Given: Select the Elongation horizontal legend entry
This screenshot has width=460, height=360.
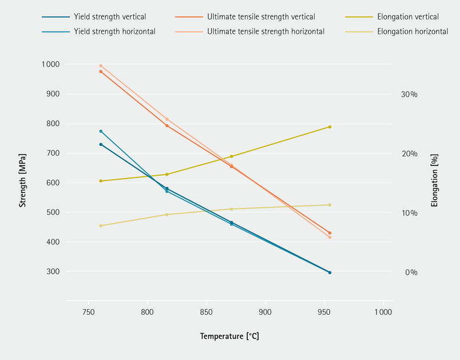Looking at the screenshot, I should pos(413,31).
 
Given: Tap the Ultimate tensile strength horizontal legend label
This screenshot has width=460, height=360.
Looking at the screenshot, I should pos(265,31).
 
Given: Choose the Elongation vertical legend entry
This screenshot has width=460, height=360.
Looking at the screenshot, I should pos(408,17).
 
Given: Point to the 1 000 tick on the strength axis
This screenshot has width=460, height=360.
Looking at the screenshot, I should pos(50,65).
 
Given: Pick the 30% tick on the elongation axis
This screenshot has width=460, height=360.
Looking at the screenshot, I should pos(410,94).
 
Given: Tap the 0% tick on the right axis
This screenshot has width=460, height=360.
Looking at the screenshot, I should pos(411,272).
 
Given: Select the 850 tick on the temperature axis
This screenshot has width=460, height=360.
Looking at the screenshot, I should pos(207,312).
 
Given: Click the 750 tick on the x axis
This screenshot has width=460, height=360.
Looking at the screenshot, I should pos(89,312).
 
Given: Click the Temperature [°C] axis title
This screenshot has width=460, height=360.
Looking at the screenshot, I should pos(229,337).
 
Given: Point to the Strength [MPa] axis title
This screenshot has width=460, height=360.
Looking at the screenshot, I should pos(23,180).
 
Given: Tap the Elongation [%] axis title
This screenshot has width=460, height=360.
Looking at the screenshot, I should pos(434,180).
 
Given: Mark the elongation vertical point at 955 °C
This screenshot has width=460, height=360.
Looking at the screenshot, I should pos(330,126).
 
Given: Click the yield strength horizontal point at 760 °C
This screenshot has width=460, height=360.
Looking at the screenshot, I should pos(101,131).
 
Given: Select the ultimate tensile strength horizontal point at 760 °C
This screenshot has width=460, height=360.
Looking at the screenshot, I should pos(101,66).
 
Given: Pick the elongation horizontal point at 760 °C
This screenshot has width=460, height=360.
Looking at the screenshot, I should pos(101,226).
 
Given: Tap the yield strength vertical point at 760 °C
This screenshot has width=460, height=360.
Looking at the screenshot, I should pos(101,144).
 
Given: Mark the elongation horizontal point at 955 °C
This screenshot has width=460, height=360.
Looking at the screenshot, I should pos(330,205).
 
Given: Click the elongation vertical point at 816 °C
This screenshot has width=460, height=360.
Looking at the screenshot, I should pos(166,174).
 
